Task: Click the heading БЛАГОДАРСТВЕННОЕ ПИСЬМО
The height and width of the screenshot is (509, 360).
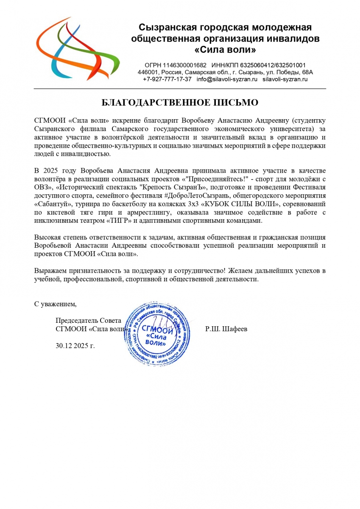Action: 180,103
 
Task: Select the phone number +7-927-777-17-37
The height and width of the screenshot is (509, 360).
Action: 167,79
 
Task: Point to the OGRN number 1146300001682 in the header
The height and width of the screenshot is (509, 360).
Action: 175,65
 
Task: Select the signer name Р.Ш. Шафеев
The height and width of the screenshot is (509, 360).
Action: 226,329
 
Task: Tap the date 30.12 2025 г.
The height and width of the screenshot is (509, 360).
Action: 75,345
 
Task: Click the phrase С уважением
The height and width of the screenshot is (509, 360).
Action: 55,304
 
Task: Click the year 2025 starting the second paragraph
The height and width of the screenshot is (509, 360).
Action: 50,171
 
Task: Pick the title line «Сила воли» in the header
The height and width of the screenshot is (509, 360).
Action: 225,50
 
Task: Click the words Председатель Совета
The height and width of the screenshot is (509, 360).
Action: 88,320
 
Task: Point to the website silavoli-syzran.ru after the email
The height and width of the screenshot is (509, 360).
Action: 285,79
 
